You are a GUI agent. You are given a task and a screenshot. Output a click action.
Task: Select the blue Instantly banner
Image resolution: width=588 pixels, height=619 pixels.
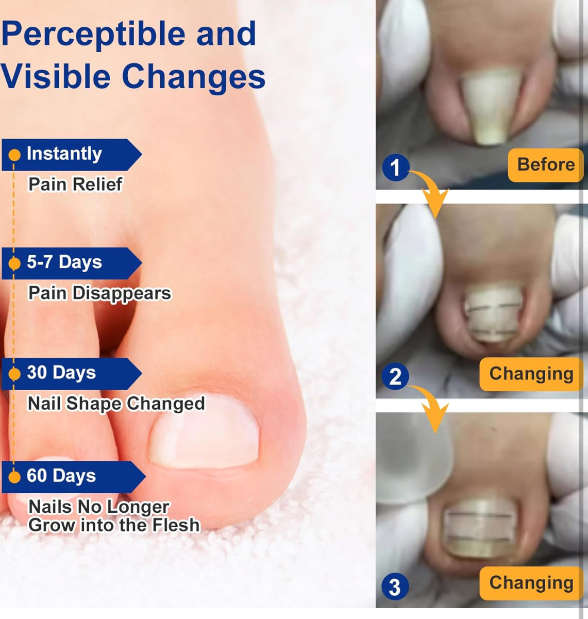point(72,155)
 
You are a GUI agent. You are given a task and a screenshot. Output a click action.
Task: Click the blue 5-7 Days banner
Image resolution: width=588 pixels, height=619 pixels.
point(72,263)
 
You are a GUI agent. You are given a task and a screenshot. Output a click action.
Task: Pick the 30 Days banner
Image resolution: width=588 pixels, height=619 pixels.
point(72,374)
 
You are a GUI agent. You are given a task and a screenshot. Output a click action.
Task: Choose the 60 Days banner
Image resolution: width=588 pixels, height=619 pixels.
point(73,477)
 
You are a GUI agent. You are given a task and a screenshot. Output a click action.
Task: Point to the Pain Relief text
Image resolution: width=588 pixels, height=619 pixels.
point(75,184)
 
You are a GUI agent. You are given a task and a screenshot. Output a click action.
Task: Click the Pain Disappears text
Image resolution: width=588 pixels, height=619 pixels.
point(100,293)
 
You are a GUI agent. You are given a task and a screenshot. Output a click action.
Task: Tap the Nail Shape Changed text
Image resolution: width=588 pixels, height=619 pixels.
point(116,404)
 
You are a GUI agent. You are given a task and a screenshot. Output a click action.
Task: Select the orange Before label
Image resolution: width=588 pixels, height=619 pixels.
point(545,165)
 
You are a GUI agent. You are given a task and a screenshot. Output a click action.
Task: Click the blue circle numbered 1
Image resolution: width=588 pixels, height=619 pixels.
point(396,167)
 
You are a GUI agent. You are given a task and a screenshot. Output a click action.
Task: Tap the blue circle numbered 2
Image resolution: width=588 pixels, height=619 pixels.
point(395,376)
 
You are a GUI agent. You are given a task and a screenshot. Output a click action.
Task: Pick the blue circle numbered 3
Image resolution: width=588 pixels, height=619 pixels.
point(395,587)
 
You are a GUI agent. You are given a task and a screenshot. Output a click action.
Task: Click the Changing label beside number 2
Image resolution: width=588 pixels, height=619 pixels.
point(531,374)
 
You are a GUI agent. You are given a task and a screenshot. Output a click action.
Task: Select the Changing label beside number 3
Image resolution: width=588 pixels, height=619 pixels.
point(531,583)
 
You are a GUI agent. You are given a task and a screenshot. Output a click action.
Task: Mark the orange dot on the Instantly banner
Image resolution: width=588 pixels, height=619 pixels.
point(14,155)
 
